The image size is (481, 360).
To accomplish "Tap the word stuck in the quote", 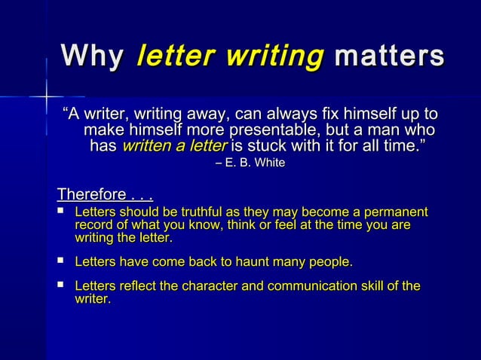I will click(268, 145).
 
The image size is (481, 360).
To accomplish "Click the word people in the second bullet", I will click(326, 262).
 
